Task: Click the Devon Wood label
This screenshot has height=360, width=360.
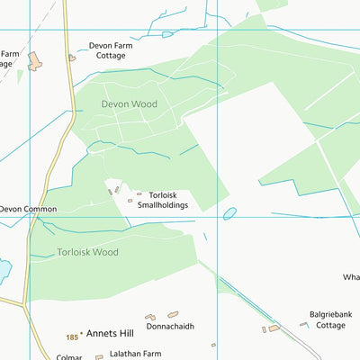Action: tap(129, 104)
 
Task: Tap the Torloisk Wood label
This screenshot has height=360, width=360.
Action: tap(87, 253)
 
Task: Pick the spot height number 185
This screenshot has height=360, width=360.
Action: tap(72, 337)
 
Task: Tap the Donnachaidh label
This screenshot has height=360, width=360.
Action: tap(170, 327)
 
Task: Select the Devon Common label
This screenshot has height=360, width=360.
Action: tap(28, 209)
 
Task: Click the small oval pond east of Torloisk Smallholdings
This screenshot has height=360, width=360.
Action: tap(229, 213)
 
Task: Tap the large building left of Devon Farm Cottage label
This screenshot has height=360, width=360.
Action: tap(35, 61)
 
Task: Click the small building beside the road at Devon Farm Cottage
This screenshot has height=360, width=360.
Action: tap(72, 58)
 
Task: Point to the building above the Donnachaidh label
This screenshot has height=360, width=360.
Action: tap(173, 315)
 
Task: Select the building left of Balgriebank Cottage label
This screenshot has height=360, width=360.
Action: tap(274, 328)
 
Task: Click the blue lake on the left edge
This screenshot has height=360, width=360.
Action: tap(4, 269)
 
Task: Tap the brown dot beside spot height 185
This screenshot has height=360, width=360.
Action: tap(82, 334)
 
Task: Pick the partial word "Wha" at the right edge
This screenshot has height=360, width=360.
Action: tap(351, 277)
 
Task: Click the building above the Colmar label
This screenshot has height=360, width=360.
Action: tap(99, 357)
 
